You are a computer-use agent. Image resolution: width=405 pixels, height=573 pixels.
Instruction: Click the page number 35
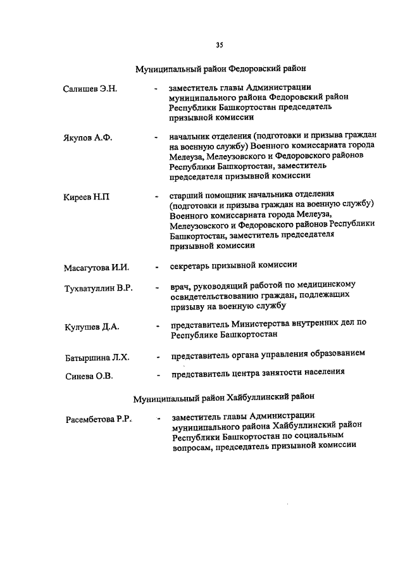coord(219,45)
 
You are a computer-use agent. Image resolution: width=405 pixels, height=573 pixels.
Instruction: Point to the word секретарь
coord(191,265)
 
